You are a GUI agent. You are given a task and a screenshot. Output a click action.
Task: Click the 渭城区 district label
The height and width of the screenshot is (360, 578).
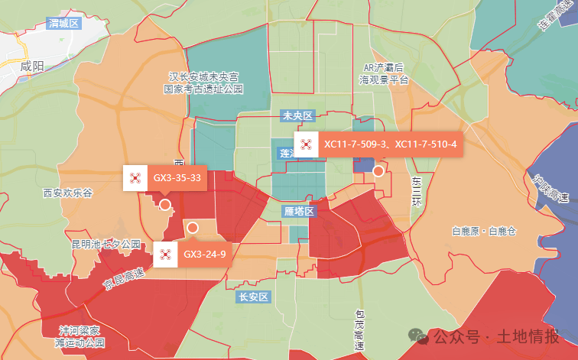click(63, 23)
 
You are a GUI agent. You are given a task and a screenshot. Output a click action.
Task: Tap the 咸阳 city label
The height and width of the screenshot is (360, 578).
click(34, 65)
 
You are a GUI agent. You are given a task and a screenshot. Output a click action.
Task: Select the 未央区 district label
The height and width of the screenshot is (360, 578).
click(297, 115)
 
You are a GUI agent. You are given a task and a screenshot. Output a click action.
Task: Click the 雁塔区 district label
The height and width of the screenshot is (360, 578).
click(299, 211)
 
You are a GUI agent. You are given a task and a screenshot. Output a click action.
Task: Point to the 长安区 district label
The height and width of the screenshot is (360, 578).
click(252, 297)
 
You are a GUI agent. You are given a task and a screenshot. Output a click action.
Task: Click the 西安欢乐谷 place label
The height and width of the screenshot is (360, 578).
click(67, 193)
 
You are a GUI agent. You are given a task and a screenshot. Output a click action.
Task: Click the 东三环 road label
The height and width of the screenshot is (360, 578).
click(417, 191)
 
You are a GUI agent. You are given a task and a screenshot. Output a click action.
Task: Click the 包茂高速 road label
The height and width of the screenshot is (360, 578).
click(359, 329)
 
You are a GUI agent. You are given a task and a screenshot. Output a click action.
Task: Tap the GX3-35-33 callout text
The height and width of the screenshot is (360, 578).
click(177, 178)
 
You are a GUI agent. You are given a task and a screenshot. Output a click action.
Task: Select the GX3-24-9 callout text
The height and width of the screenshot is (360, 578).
click(204, 254)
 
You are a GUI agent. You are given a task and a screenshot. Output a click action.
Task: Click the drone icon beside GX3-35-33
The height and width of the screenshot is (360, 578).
click(135, 178)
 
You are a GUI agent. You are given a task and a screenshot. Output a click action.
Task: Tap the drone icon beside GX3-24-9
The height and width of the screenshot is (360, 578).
click(165, 254)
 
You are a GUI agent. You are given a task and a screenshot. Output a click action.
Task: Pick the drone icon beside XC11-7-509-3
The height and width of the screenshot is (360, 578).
click(306, 144)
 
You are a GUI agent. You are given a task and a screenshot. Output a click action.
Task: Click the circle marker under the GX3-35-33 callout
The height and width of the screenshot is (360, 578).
click(164, 204)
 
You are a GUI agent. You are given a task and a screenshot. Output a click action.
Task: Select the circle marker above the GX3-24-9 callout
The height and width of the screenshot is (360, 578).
click(193, 228)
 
